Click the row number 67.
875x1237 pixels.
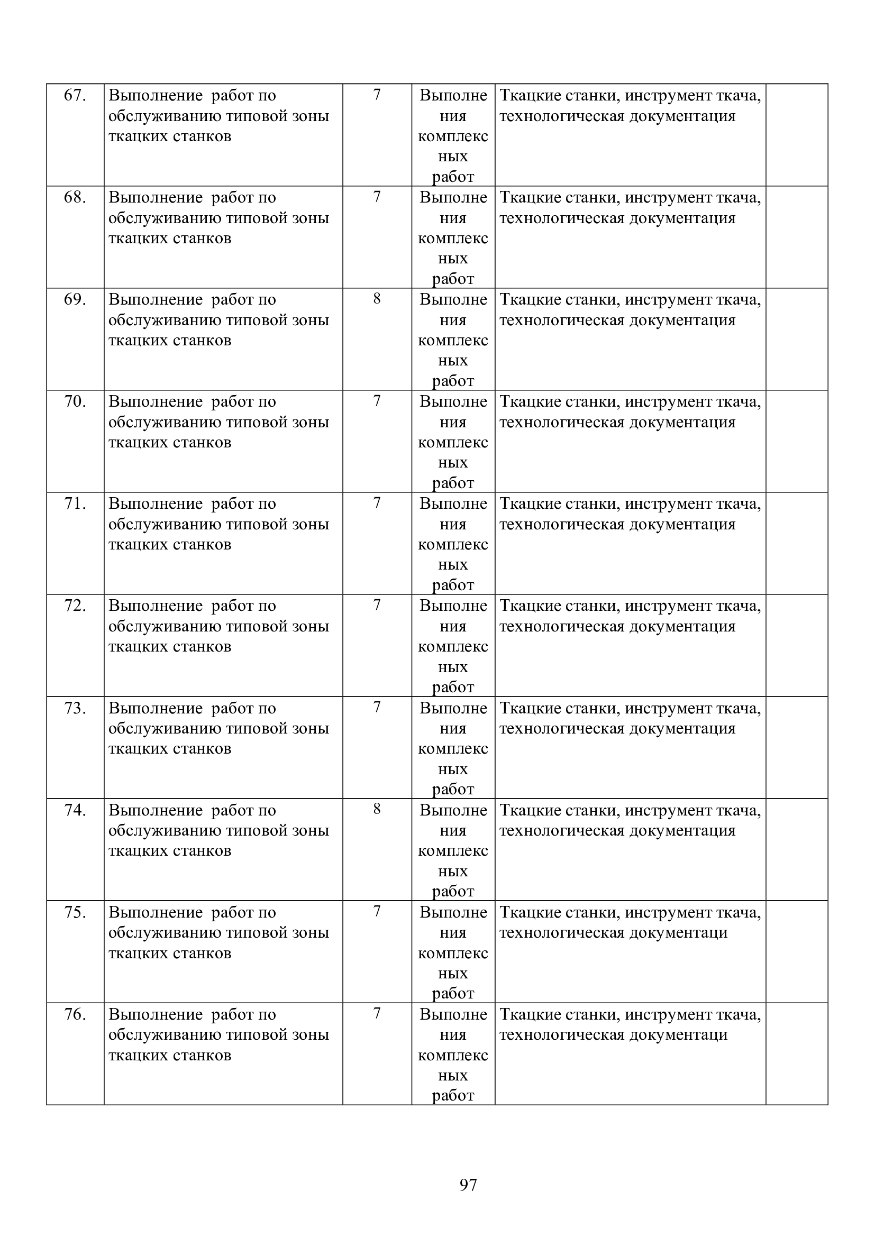(75, 95)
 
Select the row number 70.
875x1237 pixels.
(75, 401)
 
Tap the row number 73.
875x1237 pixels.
(75, 708)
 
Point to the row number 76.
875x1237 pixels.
(75, 1014)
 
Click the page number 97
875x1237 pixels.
(468, 1185)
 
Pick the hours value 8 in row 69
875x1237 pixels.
(377, 298)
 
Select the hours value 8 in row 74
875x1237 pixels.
(377, 809)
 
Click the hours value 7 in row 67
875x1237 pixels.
(377, 95)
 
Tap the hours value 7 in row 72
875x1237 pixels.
(377, 605)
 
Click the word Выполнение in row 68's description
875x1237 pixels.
(155, 198)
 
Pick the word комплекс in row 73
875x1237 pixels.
(453, 749)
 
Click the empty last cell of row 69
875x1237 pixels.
(796, 339)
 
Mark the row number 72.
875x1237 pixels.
(75, 606)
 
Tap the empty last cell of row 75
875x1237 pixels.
(796, 951)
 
